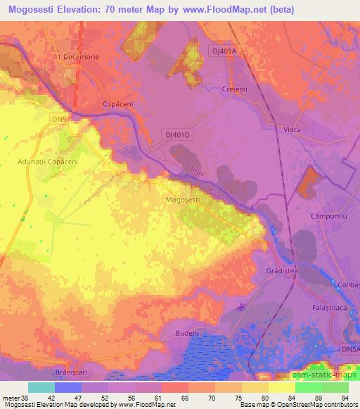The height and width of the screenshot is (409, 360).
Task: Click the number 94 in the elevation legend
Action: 344,397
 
